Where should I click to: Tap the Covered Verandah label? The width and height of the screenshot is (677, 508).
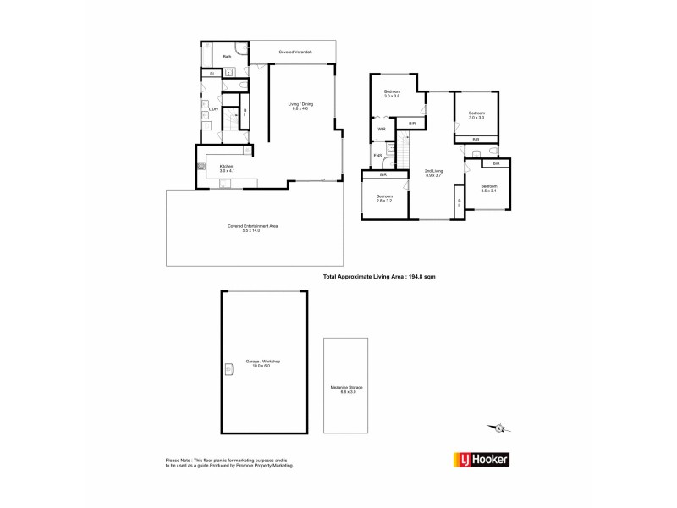(x=295, y=52)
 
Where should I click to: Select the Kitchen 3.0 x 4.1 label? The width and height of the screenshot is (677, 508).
(x=227, y=168)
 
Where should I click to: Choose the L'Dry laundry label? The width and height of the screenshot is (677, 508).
(x=214, y=110)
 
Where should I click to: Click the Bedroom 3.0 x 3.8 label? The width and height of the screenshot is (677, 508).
(x=391, y=94)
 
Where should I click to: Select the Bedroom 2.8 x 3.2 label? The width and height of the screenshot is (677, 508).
(x=385, y=199)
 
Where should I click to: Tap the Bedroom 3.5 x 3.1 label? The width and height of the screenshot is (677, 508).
(x=489, y=188)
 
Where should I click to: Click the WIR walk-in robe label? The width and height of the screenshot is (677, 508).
(x=383, y=130)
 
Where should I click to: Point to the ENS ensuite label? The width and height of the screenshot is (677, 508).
(x=378, y=156)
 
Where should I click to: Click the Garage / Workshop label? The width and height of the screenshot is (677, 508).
(x=262, y=363)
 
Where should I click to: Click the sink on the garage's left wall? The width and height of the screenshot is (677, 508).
(x=228, y=367)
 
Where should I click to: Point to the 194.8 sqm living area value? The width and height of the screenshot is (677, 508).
(x=421, y=277)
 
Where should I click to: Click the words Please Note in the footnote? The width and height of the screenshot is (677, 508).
(x=179, y=460)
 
